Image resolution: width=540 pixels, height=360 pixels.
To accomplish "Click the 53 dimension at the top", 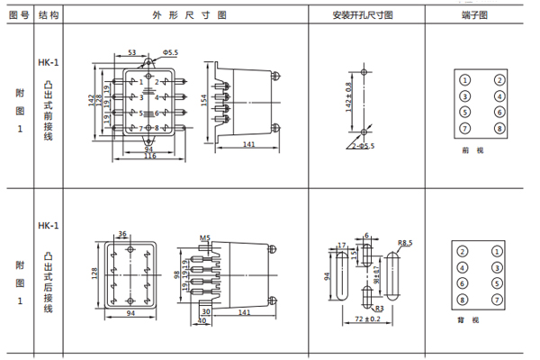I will [131, 54].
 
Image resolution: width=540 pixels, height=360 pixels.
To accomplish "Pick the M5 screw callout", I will [204, 238].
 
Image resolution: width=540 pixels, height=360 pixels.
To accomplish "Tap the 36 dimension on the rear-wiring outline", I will [121, 235].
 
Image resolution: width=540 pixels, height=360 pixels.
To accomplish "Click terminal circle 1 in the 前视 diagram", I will [464, 79].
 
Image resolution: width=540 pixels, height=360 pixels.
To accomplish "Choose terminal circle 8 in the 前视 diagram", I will [498, 128].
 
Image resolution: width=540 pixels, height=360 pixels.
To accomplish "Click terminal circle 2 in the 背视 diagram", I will [463, 251].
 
